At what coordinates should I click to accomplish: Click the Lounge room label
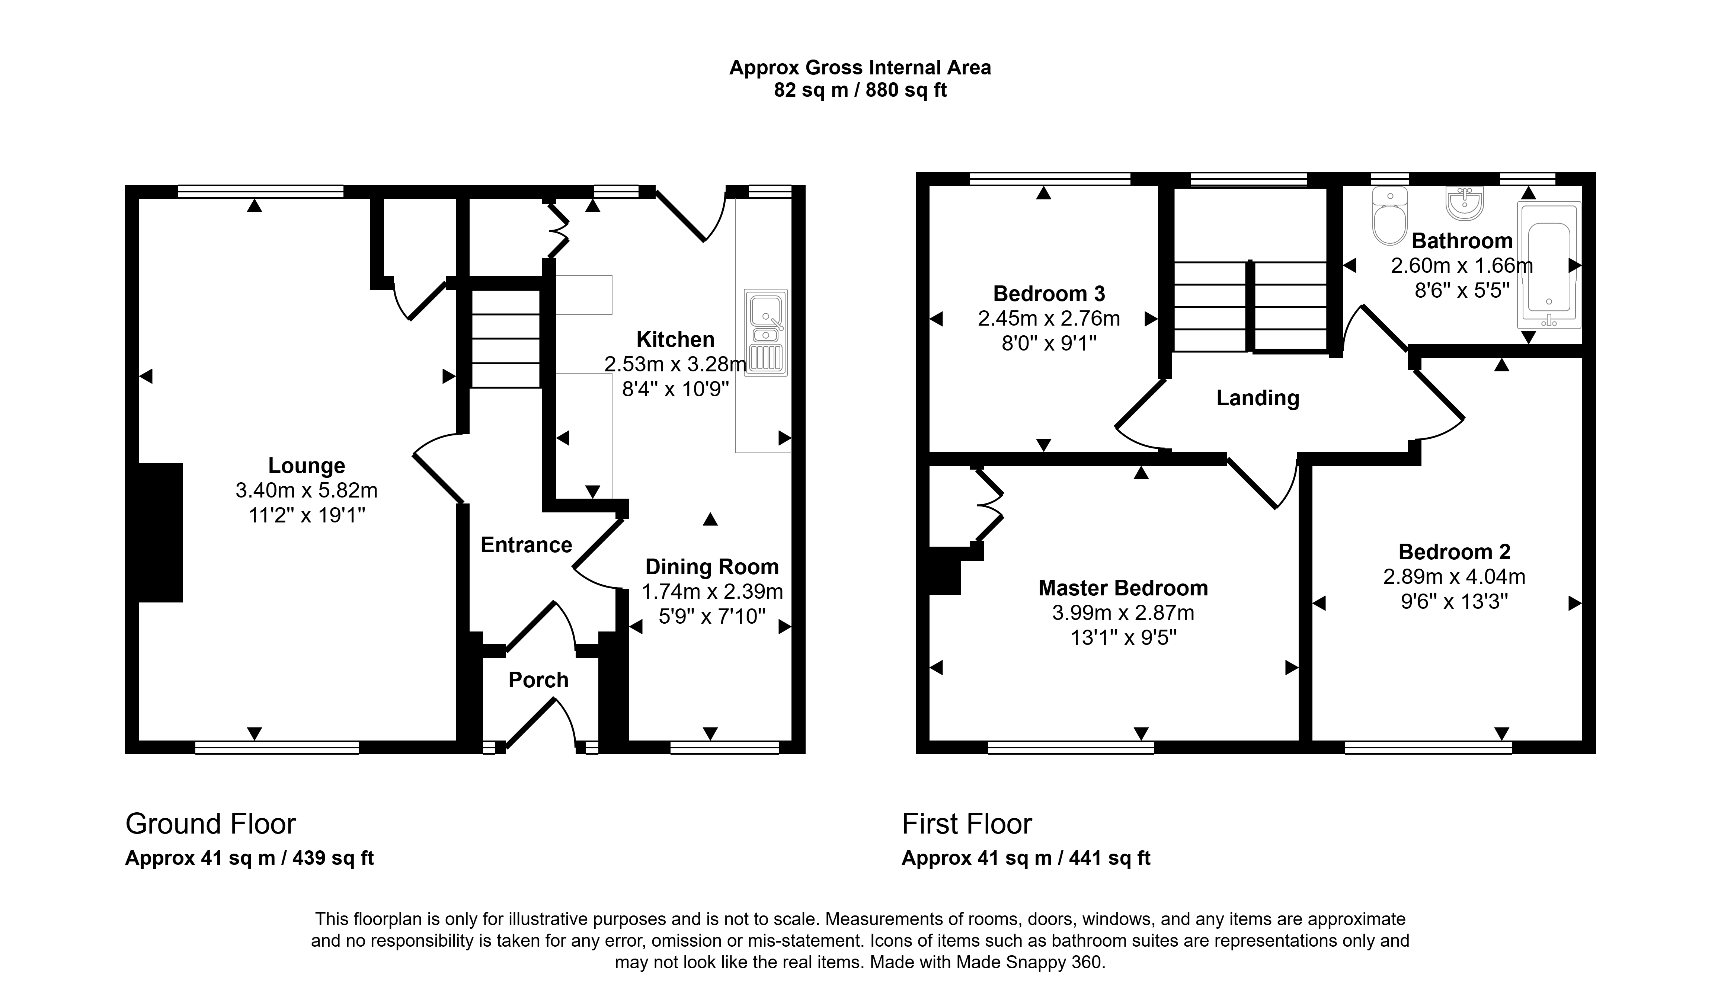click(x=307, y=466)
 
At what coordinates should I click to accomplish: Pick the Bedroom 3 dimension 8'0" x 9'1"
click(x=1049, y=343)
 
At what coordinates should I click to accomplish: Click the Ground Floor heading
click(x=210, y=824)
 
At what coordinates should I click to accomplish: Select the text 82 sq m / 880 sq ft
click(x=860, y=90)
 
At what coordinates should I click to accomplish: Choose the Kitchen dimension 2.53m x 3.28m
click(x=675, y=364)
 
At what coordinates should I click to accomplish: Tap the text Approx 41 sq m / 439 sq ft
click(x=249, y=858)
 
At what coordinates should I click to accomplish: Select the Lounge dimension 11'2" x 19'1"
click(x=307, y=515)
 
